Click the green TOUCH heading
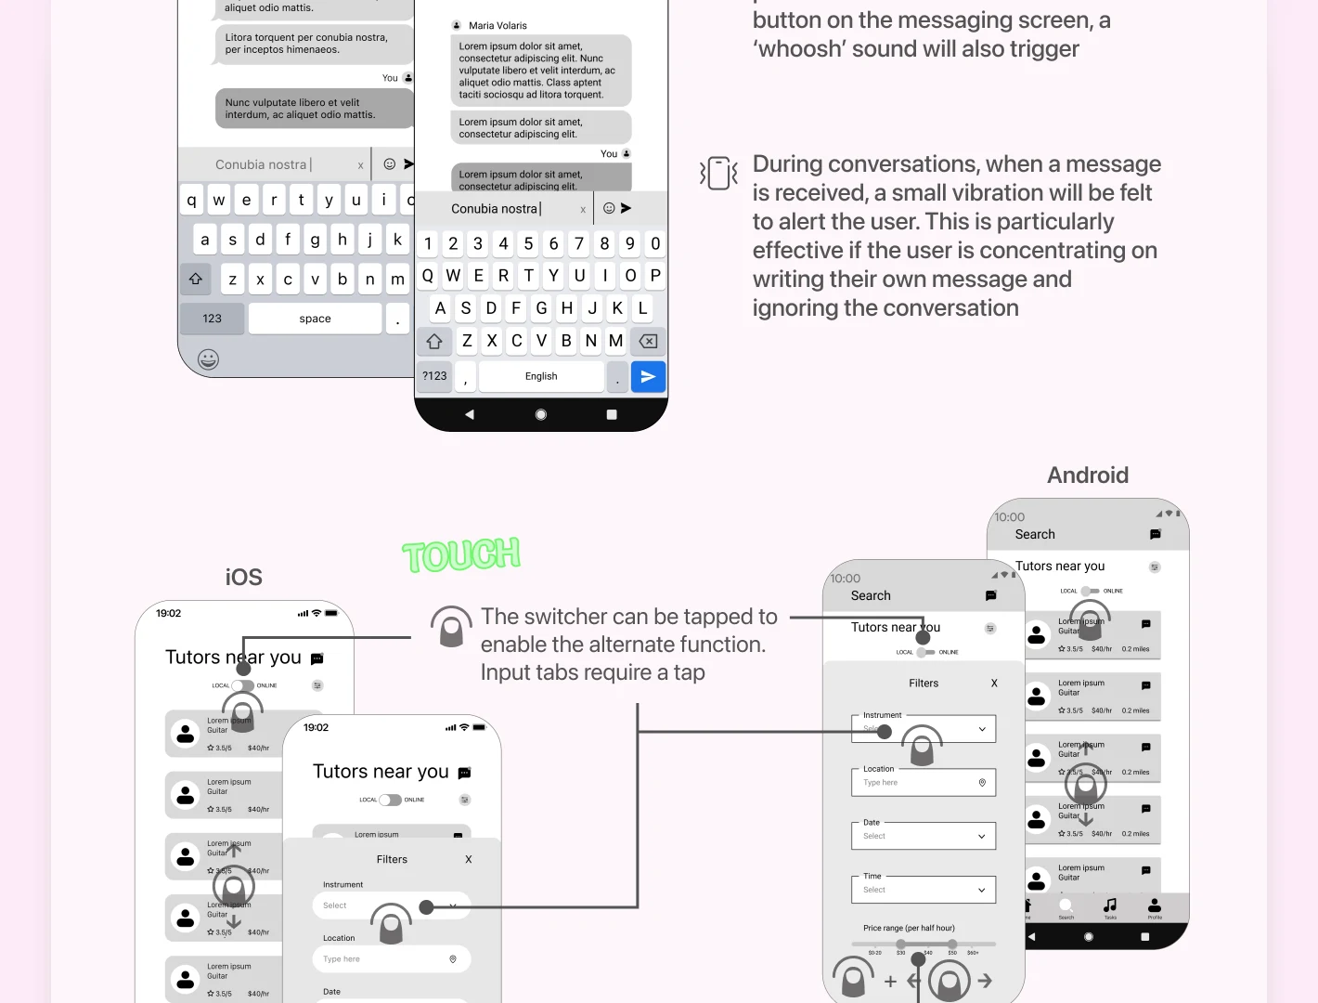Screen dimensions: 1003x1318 [461, 555]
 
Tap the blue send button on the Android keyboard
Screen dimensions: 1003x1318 [648, 376]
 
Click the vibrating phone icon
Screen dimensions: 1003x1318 [718, 173]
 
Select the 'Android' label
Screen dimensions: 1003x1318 [1088, 475]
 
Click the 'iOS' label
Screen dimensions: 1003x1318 [243, 578]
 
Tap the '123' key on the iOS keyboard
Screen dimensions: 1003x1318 [213, 319]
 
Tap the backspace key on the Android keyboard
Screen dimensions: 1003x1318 [648, 342]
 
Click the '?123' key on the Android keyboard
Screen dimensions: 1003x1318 [434, 376]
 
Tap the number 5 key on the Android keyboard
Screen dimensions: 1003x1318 [528, 243]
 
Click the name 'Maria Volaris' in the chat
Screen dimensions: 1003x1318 [497, 26]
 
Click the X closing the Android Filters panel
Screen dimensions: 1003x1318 [994, 684]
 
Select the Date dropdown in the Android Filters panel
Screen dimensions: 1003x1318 [924, 836]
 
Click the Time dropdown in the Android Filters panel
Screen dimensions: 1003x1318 [924, 890]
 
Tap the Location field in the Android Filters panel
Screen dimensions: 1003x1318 [924, 783]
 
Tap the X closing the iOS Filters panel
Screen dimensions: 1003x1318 [469, 860]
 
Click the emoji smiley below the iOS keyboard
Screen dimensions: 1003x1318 [209, 359]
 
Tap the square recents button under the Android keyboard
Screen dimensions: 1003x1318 [612, 415]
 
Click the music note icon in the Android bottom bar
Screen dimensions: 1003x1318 [1110, 905]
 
